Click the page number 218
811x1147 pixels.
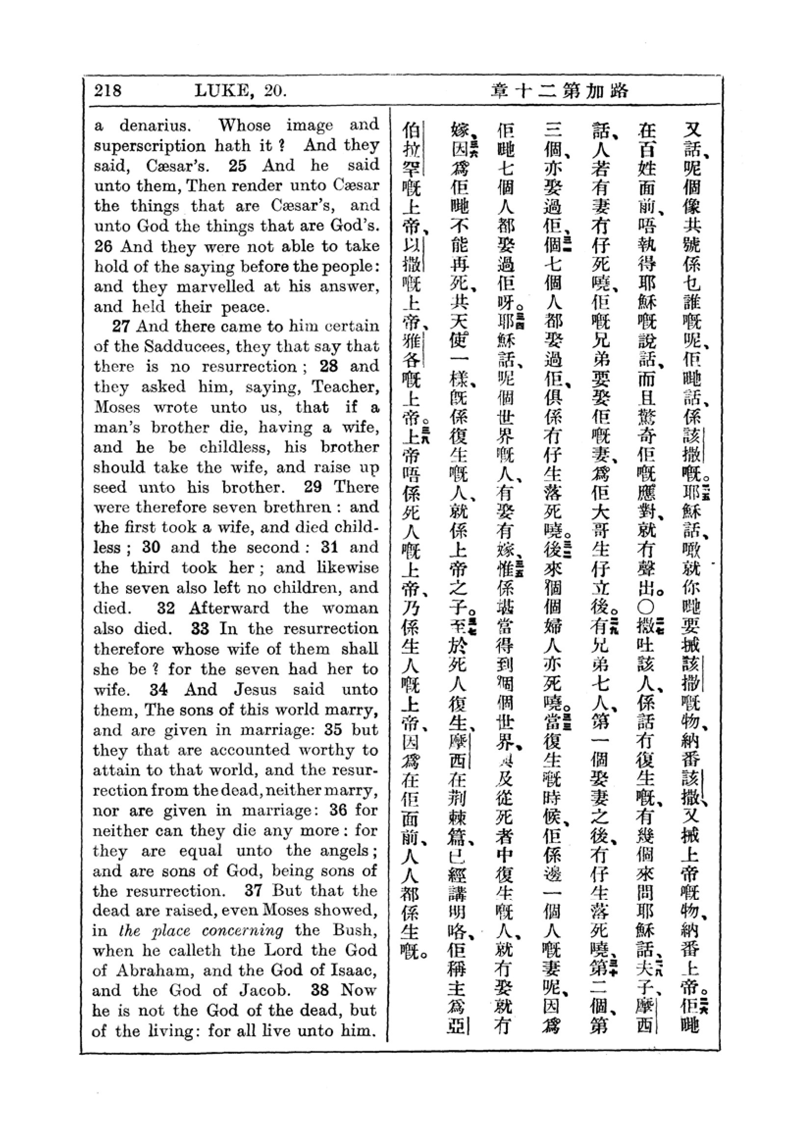[107, 90]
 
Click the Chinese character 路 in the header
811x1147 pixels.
[618, 91]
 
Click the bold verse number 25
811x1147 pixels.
[237, 166]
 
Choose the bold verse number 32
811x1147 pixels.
[166, 608]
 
